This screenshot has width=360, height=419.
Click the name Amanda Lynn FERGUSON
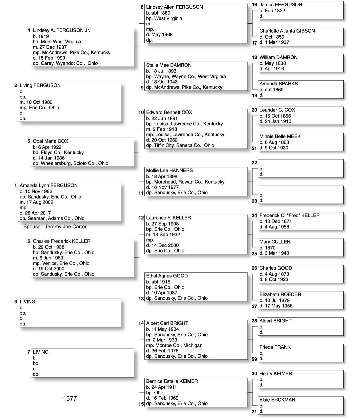48,186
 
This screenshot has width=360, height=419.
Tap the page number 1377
70,398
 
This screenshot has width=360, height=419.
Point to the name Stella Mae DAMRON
169,65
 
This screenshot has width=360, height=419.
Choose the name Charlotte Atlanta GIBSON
287,31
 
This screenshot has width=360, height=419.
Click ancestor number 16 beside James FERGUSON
254,5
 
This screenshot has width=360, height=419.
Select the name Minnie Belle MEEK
280,136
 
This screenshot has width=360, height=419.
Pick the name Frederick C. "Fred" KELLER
289,215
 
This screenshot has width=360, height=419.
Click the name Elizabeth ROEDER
280,294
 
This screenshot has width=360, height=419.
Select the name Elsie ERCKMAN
277,400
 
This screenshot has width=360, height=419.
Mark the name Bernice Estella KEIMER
172,381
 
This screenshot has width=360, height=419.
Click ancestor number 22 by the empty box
254,163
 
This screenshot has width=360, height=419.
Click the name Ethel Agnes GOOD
167,276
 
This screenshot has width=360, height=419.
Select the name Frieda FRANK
275,347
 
